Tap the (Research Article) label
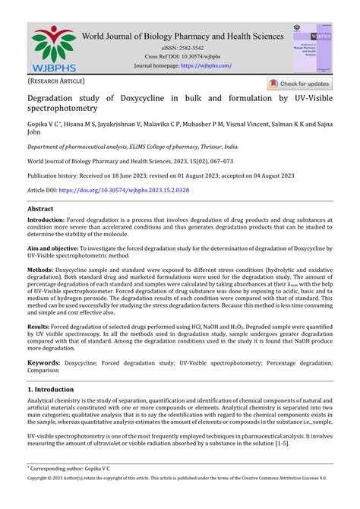click(56, 81)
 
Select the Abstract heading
click(40, 208)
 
